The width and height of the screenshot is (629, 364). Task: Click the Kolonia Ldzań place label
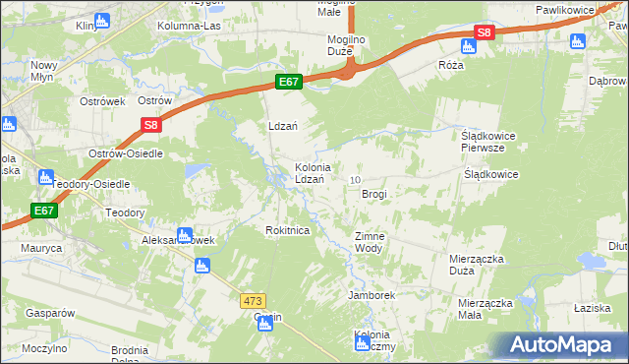pos(319,173)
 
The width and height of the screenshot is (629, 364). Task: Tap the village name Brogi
pos(374,194)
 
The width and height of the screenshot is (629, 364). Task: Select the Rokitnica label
pos(288,229)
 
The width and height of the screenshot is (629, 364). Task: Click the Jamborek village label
pos(371,294)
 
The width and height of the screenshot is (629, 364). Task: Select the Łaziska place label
pos(593,308)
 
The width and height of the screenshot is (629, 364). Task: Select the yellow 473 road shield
pos(252,297)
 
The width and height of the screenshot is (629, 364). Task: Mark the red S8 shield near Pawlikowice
pos(484,32)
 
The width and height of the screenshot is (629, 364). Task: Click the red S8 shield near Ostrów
pos(149,125)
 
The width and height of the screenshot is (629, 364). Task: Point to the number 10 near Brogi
pos(355,179)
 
